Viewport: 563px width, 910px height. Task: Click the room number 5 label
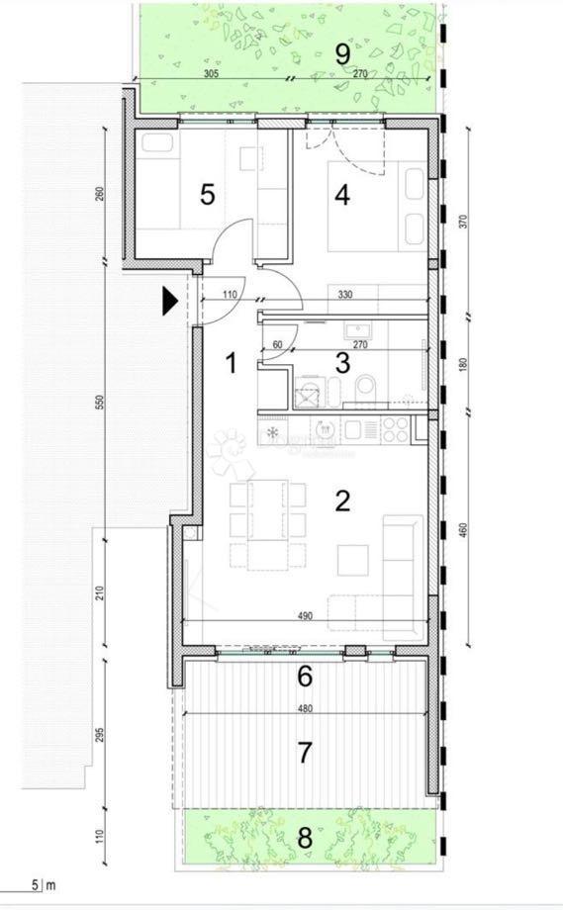pos(207,194)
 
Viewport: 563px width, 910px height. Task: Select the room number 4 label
pos(342,195)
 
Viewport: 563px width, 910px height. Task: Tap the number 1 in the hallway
pos(232,364)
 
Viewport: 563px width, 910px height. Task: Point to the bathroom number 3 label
pos(342,362)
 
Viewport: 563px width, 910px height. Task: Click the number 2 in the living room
pos(342,500)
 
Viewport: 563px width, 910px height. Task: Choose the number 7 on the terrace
pos(305,752)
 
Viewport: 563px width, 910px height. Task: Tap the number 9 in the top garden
pos(342,51)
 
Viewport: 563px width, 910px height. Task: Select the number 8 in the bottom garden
pos(305,839)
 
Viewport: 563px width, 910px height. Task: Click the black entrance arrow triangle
pos(170,300)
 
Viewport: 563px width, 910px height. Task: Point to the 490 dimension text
pos(305,615)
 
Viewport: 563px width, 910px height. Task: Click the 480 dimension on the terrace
pos(305,708)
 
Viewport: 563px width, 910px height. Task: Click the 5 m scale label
pos(42,886)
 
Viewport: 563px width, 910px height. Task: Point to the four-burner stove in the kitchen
pos(396,429)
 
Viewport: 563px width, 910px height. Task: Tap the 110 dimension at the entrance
pos(231,295)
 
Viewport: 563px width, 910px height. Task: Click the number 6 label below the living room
pos(305,678)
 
